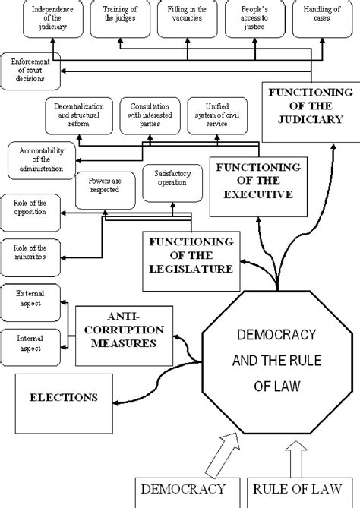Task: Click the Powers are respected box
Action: pyautogui.click(x=104, y=188)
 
